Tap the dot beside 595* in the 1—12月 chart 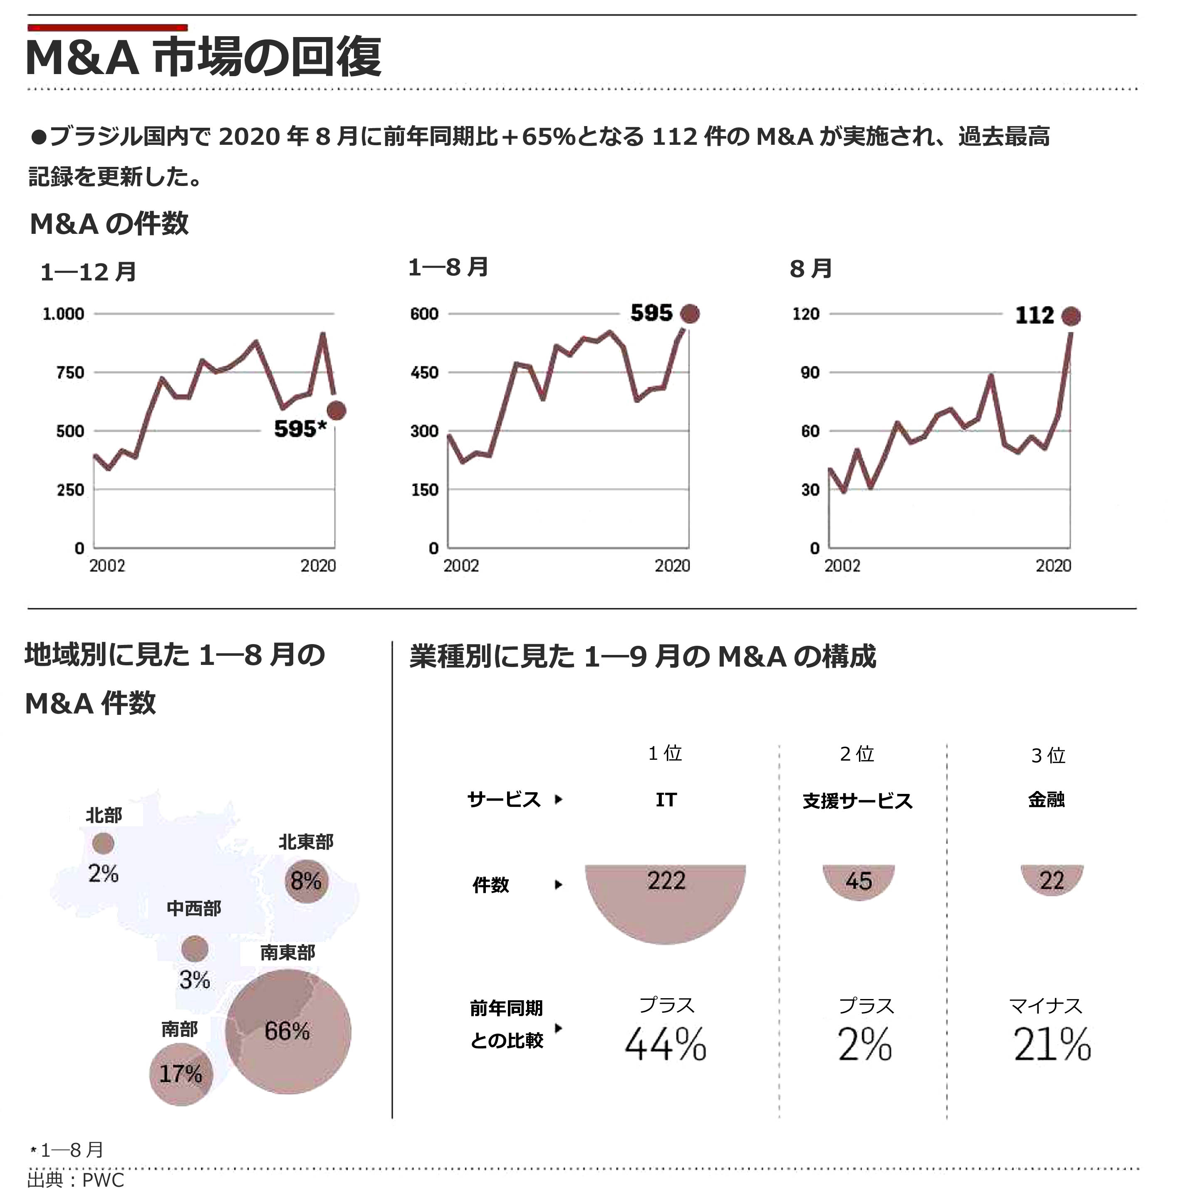(337, 411)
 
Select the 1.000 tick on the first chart (63, 314)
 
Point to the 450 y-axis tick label (424, 373)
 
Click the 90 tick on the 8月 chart (810, 373)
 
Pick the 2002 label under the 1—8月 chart (461, 566)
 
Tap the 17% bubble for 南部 (181, 1074)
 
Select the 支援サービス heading (858, 801)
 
